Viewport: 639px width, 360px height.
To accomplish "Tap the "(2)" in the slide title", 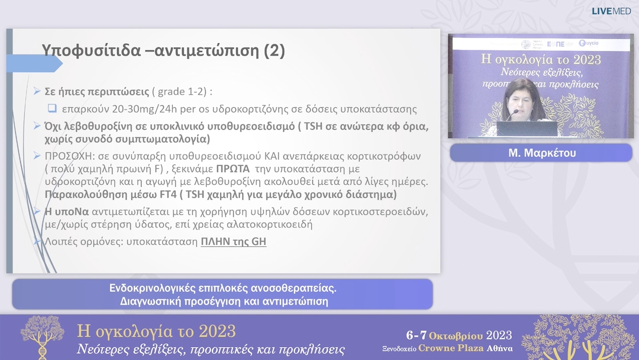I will pyautogui.click(x=274, y=51).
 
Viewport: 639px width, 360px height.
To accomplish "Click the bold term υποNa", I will pyautogui.click(x=67, y=211).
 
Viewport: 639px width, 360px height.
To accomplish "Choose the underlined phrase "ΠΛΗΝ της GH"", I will pyautogui.click(x=233, y=242).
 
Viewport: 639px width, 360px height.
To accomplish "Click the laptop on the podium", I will pyautogui.click(x=527, y=129).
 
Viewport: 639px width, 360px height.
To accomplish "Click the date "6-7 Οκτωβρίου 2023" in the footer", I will pyautogui.click(x=459, y=335).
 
